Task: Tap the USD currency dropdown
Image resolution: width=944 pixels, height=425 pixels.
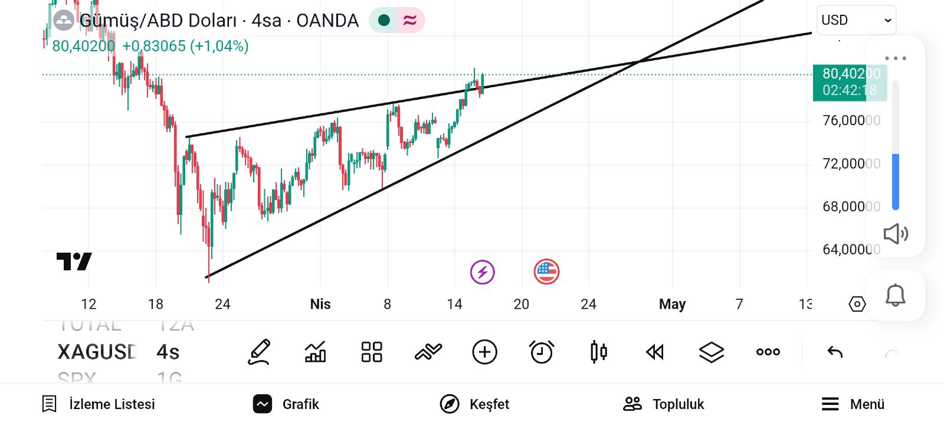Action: click(855, 20)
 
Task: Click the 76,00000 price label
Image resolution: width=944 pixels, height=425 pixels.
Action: click(851, 120)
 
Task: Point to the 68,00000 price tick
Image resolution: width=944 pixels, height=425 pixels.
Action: click(851, 207)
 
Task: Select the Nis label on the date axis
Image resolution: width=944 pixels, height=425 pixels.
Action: click(320, 304)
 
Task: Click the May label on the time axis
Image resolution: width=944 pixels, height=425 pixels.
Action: click(672, 304)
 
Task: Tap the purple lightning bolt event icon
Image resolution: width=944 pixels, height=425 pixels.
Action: click(482, 272)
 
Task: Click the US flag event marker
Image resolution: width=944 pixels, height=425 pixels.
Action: click(546, 272)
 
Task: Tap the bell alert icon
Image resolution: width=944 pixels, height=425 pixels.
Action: click(895, 295)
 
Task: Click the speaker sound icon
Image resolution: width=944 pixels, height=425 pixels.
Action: click(895, 234)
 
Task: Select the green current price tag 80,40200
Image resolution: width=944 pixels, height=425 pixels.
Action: click(850, 82)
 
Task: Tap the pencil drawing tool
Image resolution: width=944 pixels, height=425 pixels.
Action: click(259, 352)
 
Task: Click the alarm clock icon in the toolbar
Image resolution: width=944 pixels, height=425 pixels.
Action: click(542, 352)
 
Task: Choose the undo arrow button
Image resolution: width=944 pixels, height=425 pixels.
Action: click(835, 352)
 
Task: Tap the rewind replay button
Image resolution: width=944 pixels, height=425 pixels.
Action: click(654, 352)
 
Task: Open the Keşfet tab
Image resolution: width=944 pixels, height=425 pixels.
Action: click(475, 404)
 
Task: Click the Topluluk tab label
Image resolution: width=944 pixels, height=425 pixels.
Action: click(678, 404)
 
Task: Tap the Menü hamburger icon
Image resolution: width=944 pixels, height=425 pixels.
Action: click(830, 404)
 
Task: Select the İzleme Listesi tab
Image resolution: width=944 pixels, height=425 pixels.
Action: click(99, 404)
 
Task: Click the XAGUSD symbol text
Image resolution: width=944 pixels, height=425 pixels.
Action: click(97, 352)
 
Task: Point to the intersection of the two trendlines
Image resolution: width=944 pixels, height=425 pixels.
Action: click(638, 61)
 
